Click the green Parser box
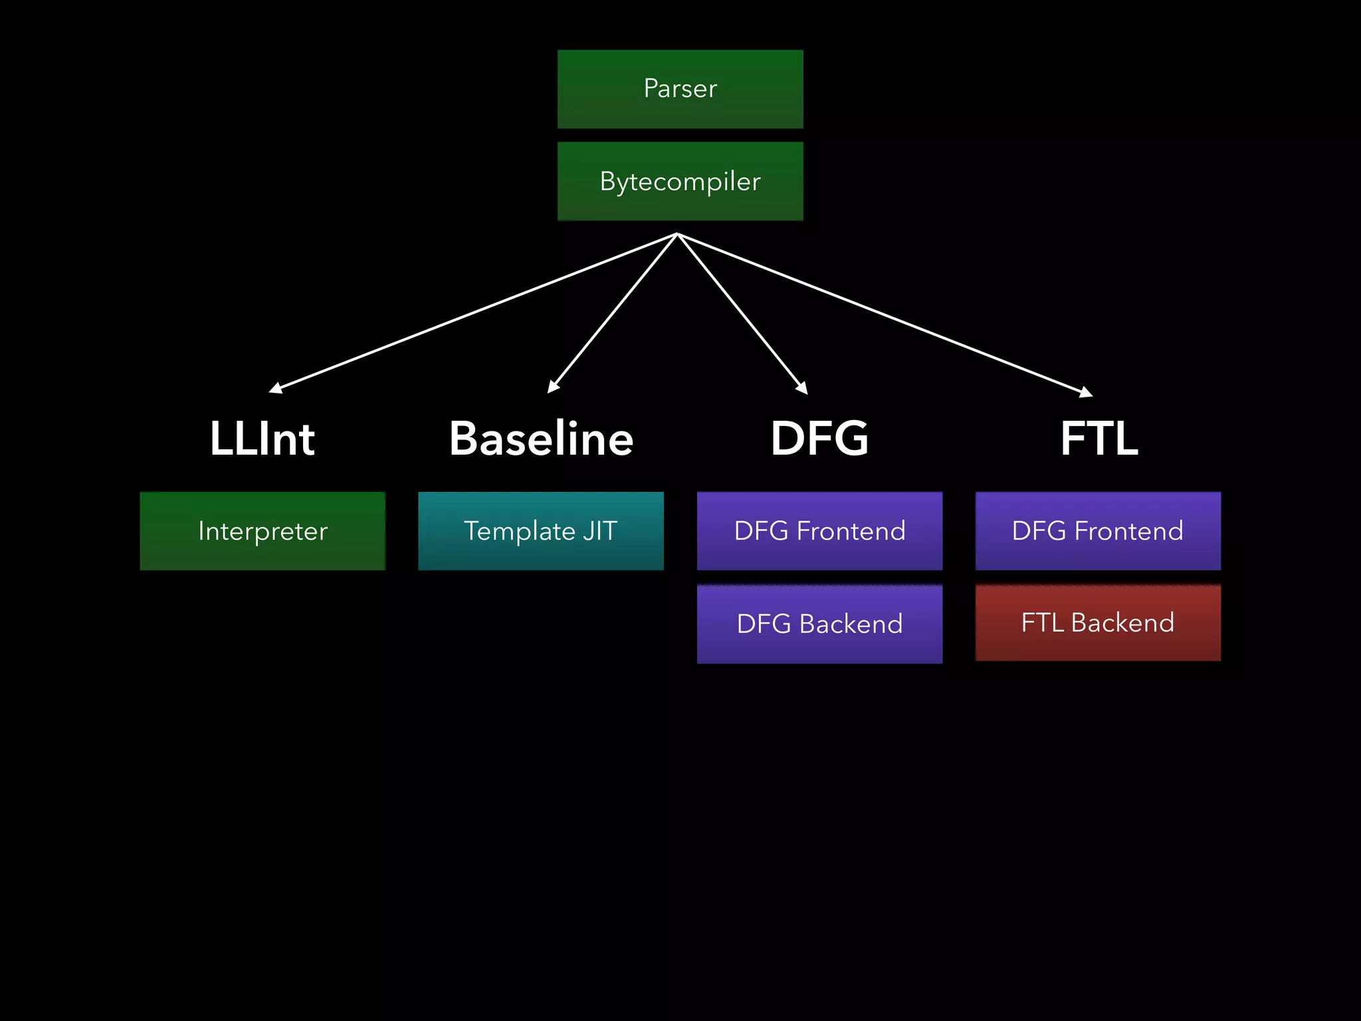click(680, 89)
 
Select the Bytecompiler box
click(680, 181)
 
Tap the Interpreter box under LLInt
click(262, 531)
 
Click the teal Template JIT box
click(540, 531)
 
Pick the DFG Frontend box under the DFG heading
click(819, 531)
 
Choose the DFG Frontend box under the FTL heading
click(1098, 531)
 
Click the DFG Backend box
click(819, 624)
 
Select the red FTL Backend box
click(1098, 623)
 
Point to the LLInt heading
click(262, 439)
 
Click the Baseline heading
click(541, 439)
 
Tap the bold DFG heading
click(819, 439)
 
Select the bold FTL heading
click(1099, 439)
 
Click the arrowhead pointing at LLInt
click(275, 389)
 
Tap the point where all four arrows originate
click(677, 234)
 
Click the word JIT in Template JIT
click(600, 531)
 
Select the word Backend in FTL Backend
click(1122, 623)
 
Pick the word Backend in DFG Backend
click(851, 624)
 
